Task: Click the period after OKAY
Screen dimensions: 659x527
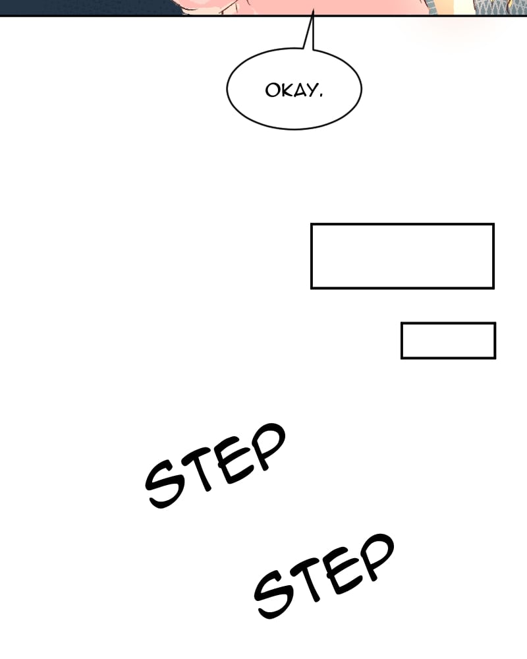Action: point(321,95)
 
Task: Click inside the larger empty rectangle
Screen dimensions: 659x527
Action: point(402,256)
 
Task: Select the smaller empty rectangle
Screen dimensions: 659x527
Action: point(448,341)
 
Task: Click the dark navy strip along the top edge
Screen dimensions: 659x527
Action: point(86,7)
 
